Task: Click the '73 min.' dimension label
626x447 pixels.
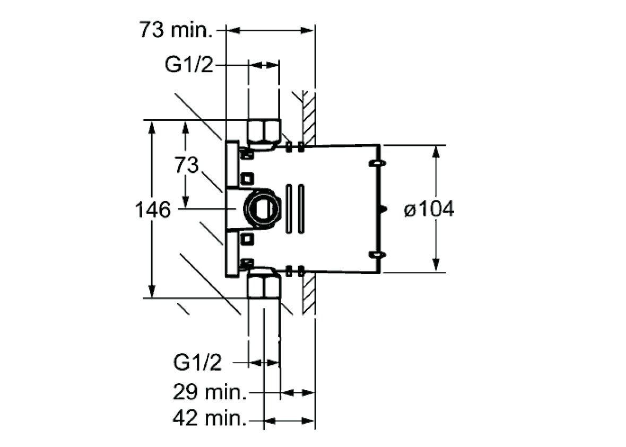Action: (176, 30)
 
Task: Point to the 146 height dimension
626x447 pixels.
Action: (153, 210)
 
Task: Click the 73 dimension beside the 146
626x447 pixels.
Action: (186, 165)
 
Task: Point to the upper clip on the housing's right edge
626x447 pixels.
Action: (376, 163)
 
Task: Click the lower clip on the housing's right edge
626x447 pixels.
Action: (376, 256)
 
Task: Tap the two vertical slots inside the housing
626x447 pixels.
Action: (295, 209)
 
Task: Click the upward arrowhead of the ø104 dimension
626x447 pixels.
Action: (436, 151)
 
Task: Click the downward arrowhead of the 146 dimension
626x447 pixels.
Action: (152, 291)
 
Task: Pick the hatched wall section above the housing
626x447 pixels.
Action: (307, 117)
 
